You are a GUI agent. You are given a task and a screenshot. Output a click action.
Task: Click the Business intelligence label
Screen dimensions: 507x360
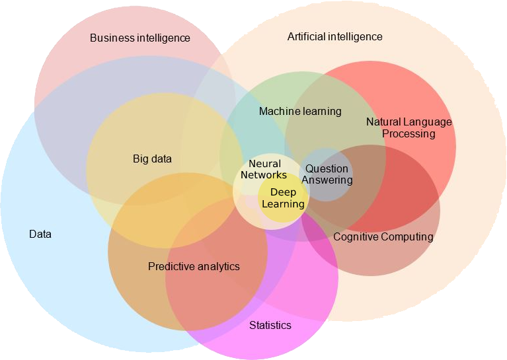click(139, 38)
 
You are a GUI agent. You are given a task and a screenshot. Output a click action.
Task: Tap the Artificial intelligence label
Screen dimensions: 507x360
click(334, 37)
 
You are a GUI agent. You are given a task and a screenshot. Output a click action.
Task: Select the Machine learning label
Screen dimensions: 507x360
click(300, 112)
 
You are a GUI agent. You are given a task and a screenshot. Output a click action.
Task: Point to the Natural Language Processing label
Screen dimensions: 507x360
click(409, 128)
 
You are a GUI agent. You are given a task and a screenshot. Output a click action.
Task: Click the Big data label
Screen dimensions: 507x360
click(152, 159)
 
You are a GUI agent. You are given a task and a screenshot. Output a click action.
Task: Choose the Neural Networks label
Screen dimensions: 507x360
click(264, 170)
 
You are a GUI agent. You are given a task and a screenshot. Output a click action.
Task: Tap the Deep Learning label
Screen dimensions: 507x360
click(284, 198)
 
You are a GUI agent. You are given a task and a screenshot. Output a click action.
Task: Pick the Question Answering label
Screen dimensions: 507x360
click(326, 174)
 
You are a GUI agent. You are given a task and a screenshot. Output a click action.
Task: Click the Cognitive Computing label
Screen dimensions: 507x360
click(383, 236)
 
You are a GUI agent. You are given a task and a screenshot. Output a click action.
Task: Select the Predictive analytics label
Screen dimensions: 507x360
click(194, 267)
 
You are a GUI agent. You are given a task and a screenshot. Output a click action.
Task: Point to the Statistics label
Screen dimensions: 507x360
click(270, 326)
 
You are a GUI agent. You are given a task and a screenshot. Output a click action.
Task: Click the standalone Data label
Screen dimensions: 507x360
click(40, 234)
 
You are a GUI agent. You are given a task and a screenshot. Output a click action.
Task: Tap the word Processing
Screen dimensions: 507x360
click(409, 134)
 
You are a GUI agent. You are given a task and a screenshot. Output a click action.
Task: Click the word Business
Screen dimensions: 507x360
click(111, 38)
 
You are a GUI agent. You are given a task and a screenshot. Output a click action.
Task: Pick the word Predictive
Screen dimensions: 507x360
click(171, 267)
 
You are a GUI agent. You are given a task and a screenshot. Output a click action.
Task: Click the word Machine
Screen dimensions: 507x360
click(279, 112)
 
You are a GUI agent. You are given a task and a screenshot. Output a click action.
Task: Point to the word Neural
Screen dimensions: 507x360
click(264, 164)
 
